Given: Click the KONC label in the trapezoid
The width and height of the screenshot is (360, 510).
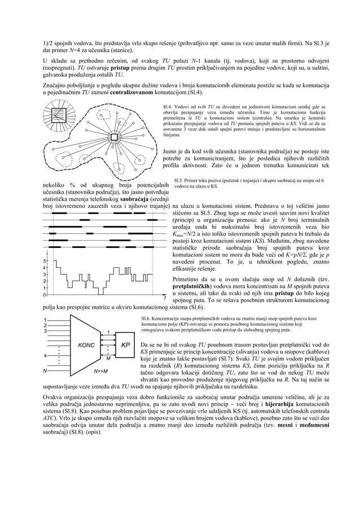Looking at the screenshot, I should pyautogui.click(x=86, y=345).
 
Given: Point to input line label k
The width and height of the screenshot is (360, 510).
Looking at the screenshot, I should pyautogui.click(x=45, y=356).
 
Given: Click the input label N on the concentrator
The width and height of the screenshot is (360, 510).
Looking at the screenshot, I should pyautogui.click(x=45, y=371).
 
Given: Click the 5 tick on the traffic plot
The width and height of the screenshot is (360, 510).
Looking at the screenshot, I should pyautogui.click(x=45, y=260).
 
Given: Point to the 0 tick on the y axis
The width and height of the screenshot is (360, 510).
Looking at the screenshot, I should pyautogui.click(x=45, y=294).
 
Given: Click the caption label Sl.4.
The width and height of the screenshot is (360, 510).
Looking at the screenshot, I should pyautogui.click(x=167, y=106).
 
